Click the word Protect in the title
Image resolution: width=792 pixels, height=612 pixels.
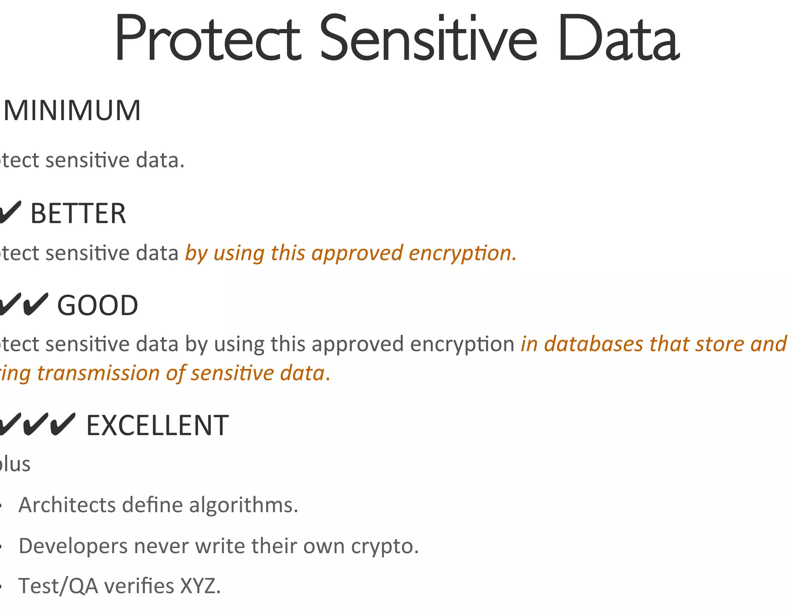tap(207, 39)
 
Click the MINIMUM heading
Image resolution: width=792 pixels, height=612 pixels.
tap(72, 111)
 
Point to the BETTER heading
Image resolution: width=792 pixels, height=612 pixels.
tap(78, 214)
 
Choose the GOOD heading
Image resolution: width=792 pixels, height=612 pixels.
tap(97, 306)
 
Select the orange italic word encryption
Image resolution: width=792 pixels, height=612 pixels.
tap(463, 254)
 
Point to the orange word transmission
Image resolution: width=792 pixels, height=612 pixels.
tap(98, 373)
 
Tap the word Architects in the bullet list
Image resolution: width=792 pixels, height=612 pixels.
tap(67, 505)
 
